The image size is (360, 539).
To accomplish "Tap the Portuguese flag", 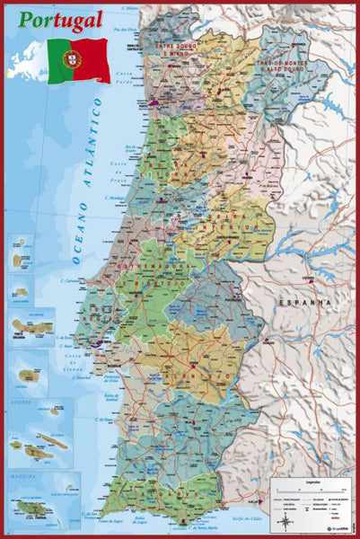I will (x=79, y=60).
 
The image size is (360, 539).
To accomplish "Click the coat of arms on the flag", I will (x=71, y=59).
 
